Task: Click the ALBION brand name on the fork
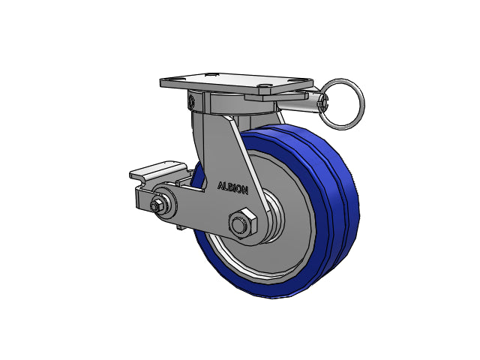(x=232, y=188)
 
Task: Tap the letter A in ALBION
(x=220, y=186)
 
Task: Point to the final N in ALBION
(x=244, y=190)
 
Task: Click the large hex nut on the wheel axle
(x=242, y=223)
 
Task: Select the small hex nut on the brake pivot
(x=157, y=205)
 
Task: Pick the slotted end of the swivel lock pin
(x=323, y=103)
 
